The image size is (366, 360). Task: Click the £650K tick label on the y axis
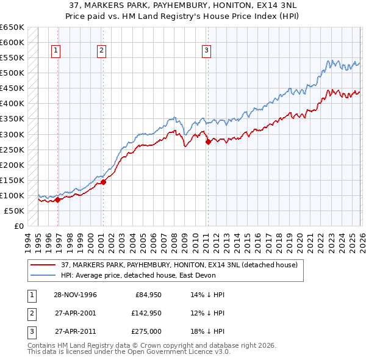12,27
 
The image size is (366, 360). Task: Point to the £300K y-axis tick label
12,134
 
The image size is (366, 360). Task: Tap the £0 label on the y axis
19,226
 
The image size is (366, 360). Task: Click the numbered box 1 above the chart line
56,51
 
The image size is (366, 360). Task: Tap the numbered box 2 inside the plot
101,51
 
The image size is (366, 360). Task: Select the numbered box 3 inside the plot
207,51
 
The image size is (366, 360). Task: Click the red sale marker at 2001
104,181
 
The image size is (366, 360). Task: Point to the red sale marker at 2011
208,142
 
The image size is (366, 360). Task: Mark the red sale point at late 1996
57,199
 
